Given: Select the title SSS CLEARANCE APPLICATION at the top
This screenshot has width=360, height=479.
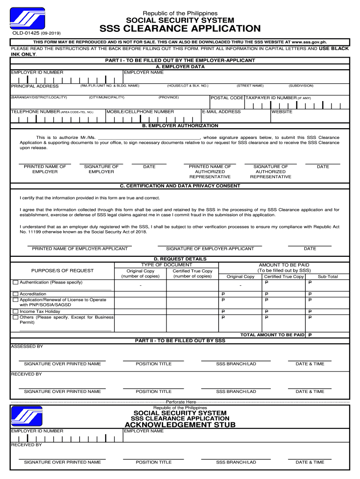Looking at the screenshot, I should coord(180,29).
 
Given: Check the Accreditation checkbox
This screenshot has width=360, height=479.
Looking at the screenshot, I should coord(15,294).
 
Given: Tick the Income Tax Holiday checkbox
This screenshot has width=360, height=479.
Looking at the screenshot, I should coord(15,312).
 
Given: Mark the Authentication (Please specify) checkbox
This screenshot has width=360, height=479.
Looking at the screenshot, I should coord(15,283).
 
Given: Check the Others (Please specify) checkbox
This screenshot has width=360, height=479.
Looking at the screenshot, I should coord(15,317).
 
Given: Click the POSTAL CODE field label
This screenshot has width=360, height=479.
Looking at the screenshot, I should coord(227,98).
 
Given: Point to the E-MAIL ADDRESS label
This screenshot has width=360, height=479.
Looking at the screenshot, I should coord(222,112).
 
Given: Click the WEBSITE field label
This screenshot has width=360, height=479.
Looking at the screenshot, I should coord(282,112).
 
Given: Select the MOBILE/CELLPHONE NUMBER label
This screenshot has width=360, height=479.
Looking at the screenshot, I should coord(140,112).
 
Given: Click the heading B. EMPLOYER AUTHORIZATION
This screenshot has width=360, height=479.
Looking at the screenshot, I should coord(180,126).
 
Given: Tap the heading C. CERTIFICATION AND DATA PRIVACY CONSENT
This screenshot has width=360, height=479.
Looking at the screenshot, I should coord(180,186).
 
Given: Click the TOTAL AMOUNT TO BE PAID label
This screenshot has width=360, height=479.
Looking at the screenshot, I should coord(272,335).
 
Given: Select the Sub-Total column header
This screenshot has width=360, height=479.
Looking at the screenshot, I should coord(327,276).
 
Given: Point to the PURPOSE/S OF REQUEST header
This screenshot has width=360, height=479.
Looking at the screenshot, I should coord(62,270).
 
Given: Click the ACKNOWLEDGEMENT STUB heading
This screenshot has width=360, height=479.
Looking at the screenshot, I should coord(180,425).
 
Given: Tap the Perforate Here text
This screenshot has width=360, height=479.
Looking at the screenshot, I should coord(180,402).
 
